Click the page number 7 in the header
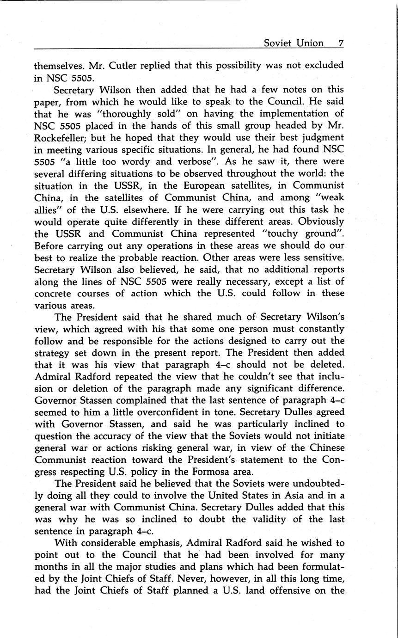tap(340, 43)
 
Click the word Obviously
tap(321, 221)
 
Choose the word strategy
tap(53, 354)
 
